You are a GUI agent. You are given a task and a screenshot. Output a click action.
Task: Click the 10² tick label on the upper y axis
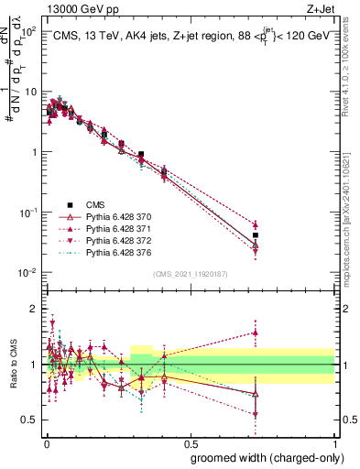click(x=31, y=31)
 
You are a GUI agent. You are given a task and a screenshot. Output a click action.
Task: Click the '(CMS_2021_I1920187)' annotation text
click(x=190, y=273)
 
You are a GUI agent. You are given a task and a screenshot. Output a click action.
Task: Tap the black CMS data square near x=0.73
click(x=256, y=235)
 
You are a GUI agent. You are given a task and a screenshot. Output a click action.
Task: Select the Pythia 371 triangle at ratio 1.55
click(x=256, y=333)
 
